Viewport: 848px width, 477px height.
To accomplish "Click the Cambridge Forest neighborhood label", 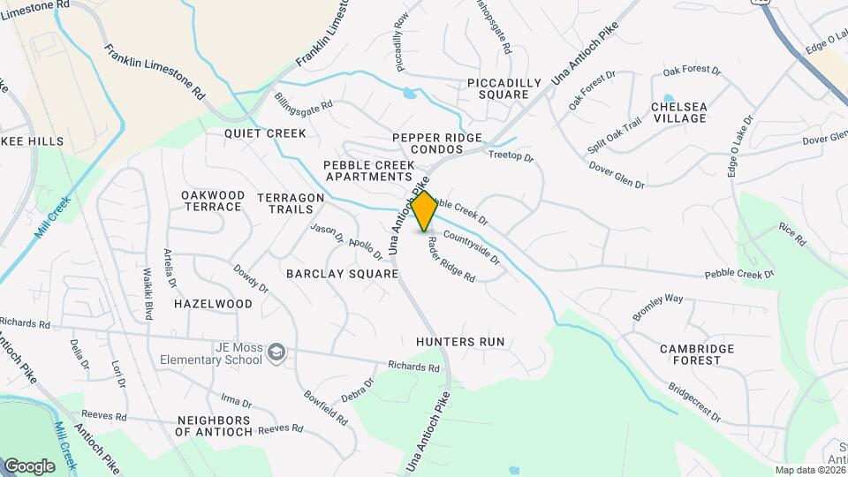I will click(x=697, y=354).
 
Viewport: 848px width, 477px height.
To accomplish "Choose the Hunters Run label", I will click(x=459, y=341).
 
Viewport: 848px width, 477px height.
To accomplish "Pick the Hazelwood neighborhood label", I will click(x=213, y=303).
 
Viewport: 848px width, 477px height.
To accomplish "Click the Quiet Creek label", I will click(x=265, y=133).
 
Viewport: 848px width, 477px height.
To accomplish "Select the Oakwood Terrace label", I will click(x=213, y=201).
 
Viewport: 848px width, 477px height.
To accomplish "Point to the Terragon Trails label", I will click(x=285, y=203).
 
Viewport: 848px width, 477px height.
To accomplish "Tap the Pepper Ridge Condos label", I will click(x=438, y=144).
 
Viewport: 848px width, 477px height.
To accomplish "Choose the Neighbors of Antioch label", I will click(x=215, y=426).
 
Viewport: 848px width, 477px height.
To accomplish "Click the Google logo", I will click(x=29, y=466).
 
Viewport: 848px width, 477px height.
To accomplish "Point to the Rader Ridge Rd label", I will click(x=451, y=260).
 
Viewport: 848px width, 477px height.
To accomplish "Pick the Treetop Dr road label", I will click(x=511, y=156).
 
